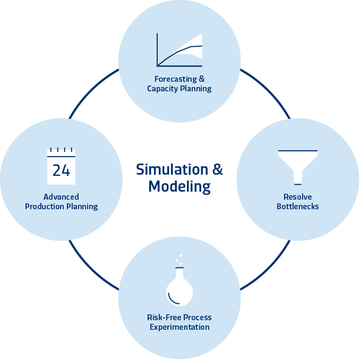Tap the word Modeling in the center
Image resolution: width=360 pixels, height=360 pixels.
click(179, 187)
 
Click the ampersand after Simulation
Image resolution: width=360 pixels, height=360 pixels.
click(218, 170)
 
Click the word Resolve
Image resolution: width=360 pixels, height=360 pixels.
click(297, 196)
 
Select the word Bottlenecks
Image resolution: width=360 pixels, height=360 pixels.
click(297, 206)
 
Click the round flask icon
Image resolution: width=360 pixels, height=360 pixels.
click(179, 290)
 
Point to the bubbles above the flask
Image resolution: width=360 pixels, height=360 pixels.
click(179, 260)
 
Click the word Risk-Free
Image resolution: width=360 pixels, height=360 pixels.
click(162, 318)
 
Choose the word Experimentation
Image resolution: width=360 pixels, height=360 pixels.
click(179, 327)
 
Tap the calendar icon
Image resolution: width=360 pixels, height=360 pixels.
click(62, 166)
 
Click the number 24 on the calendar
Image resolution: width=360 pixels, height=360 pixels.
click(61, 170)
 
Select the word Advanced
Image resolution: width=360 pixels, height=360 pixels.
click(62, 196)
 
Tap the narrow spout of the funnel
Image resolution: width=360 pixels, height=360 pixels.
click(297, 177)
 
